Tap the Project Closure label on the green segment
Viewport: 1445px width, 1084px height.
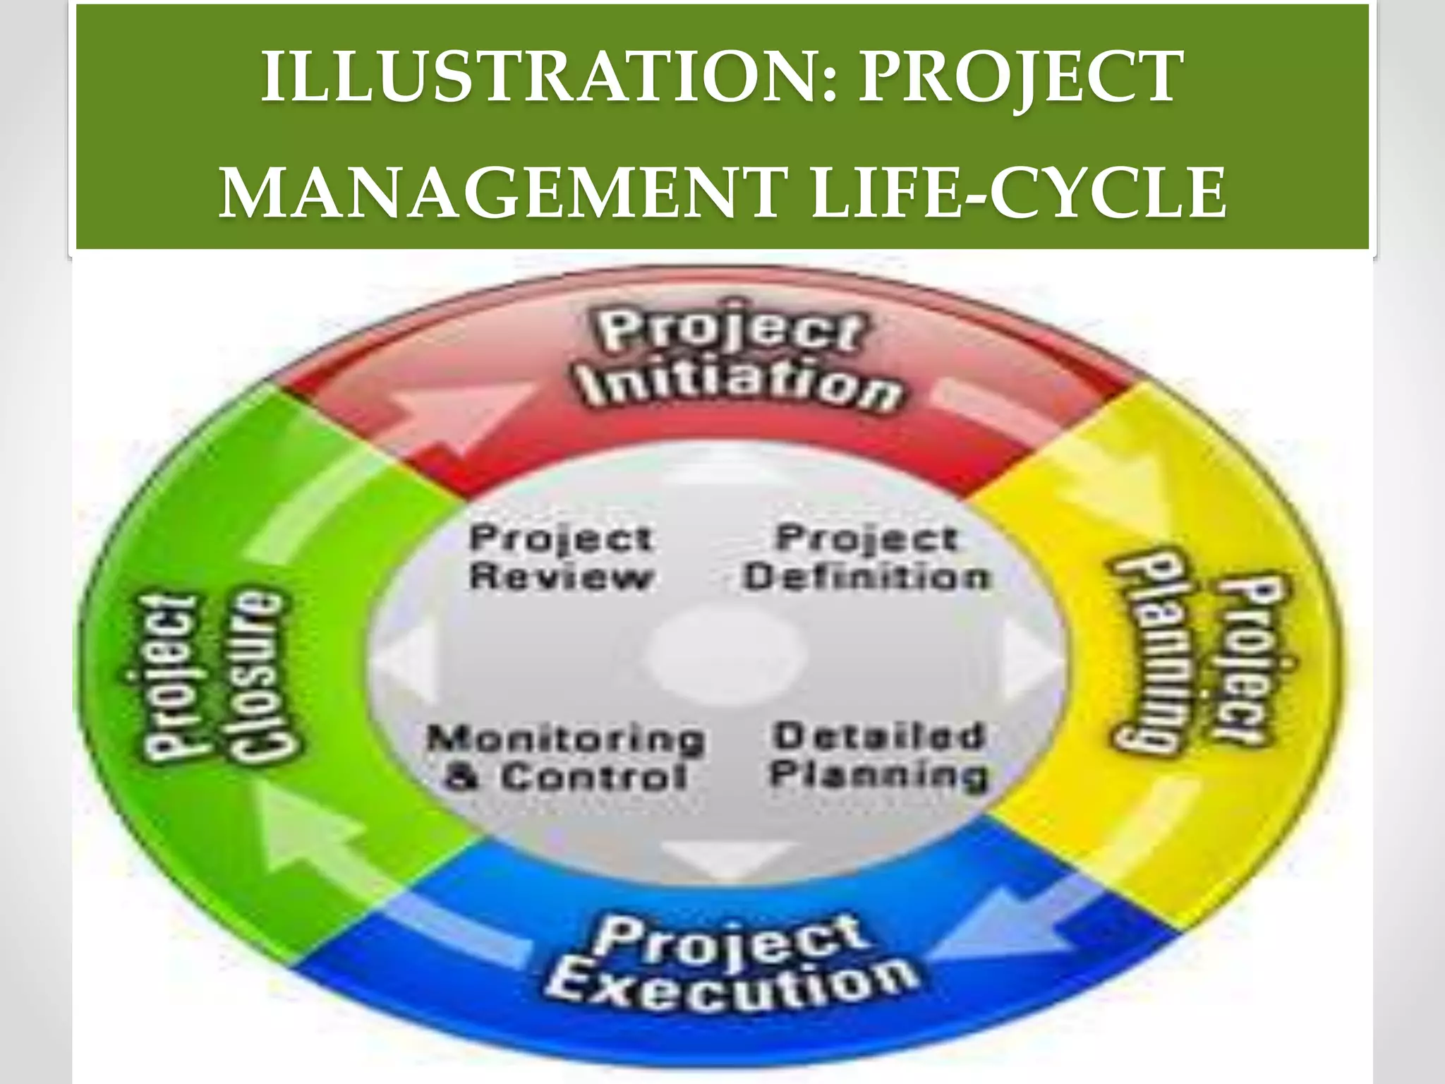tap(212, 677)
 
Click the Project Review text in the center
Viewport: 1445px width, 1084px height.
tap(561, 558)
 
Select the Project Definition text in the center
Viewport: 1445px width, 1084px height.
tap(868, 558)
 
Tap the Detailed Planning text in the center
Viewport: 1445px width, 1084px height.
tap(878, 755)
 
